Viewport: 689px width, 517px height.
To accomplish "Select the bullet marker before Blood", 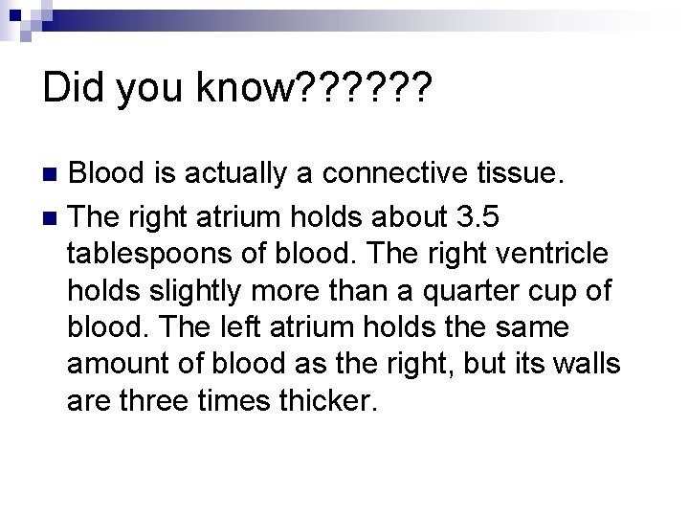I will [x=54, y=174].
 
